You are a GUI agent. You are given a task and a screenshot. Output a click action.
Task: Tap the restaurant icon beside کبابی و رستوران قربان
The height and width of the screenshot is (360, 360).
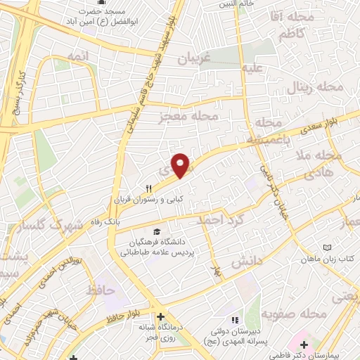point(148,188)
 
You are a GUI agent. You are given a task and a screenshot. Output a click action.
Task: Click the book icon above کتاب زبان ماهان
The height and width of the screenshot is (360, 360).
point(327,247)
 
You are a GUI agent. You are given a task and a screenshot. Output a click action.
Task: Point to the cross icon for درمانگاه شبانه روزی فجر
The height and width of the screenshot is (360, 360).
point(162,317)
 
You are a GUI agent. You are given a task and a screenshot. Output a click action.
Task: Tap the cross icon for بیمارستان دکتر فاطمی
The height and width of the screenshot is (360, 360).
point(304,345)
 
